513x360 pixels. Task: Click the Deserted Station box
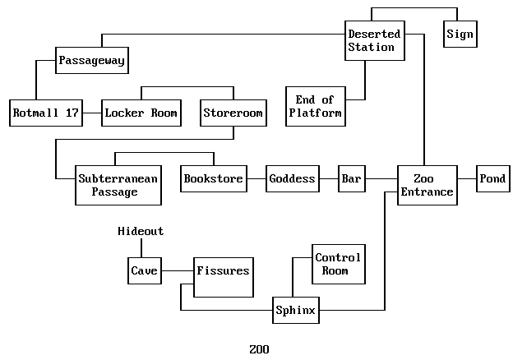pyautogui.click(x=374, y=40)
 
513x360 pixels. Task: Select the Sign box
pyautogui.click(x=460, y=34)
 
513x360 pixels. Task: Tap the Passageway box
pyautogui.click(x=93, y=60)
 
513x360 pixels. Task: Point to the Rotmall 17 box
pyautogui.click(x=46, y=113)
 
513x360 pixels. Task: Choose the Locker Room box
pyautogui.click(x=141, y=113)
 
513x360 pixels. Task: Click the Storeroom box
pyautogui.click(x=233, y=113)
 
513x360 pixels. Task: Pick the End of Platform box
pyautogui.click(x=315, y=106)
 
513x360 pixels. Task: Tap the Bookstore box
pyautogui.click(x=214, y=178)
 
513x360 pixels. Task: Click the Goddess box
pyautogui.click(x=292, y=178)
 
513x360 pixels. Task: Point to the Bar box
pyautogui.click(x=352, y=178)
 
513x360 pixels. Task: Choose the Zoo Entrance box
pyautogui.click(x=427, y=185)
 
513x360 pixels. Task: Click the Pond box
pyautogui.click(x=493, y=178)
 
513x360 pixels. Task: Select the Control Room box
pyautogui.click(x=337, y=264)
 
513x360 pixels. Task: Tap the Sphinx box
pyautogui.click(x=295, y=311)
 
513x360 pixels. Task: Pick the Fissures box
pyautogui.click(x=222, y=277)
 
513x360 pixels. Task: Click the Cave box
pyautogui.click(x=144, y=270)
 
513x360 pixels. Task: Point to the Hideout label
pyautogui.click(x=141, y=232)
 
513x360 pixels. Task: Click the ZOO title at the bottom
pyautogui.click(x=259, y=348)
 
